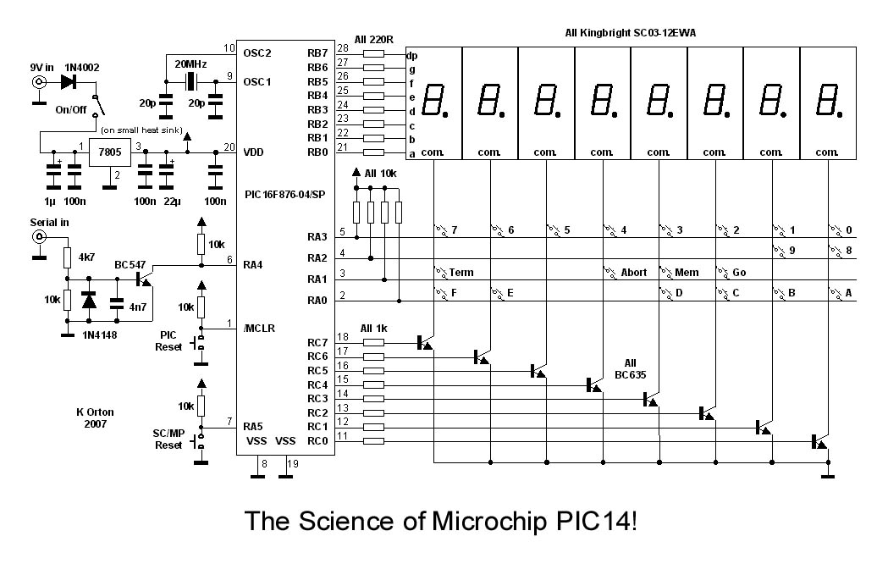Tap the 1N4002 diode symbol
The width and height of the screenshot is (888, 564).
point(69,82)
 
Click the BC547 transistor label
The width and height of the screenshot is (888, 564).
point(131,263)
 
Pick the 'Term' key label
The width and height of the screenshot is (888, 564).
point(461,272)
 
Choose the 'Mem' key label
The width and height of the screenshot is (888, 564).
point(687,272)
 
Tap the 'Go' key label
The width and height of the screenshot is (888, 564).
point(739,272)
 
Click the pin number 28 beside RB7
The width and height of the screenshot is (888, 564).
point(342,48)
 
